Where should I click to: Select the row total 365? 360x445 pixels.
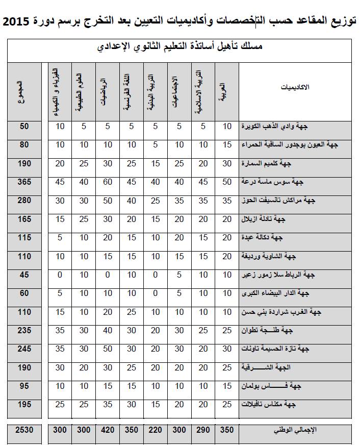(x=25, y=182)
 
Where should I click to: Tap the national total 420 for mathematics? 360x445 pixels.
(x=107, y=430)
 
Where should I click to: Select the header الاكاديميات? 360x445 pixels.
(x=296, y=88)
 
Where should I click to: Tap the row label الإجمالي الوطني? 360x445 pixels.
(x=295, y=430)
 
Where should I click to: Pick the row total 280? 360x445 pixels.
(x=25, y=201)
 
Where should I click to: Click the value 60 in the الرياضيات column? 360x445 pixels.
(x=107, y=182)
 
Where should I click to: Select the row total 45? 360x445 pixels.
(x=25, y=275)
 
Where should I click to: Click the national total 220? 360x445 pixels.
(x=156, y=430)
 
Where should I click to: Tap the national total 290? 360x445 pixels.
(x=203, y=430)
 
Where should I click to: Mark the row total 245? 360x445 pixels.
(x=25, y=349)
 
